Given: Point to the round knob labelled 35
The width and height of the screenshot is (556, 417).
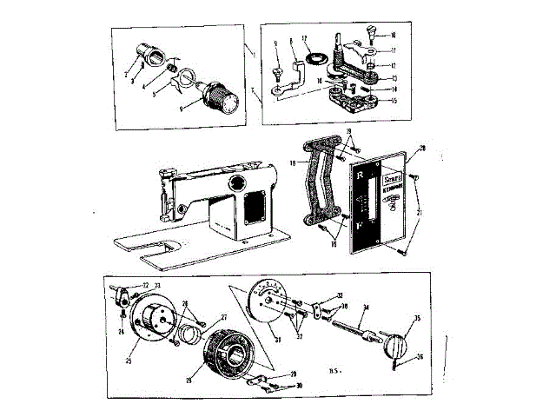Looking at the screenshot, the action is tap(399, 342).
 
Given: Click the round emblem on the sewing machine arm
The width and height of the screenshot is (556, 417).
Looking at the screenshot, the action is tap(236, 182).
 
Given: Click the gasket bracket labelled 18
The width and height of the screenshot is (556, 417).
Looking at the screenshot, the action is tap(311, 182).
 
